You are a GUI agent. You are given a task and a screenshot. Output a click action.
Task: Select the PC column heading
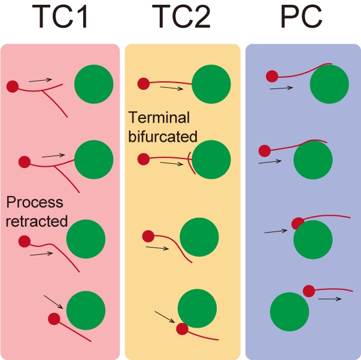pos(303,20)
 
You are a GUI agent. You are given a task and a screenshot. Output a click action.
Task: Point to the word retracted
pos(37,220)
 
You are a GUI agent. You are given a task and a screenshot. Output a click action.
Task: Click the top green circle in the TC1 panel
pos(94,83)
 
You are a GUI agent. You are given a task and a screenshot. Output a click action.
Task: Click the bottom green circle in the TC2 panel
pos(198,309)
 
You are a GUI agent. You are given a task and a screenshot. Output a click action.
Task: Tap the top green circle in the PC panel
pos(329,84)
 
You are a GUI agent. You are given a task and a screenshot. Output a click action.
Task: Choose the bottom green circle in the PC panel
pos(290,312)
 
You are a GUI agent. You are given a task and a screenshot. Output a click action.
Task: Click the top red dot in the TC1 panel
pos(12,87)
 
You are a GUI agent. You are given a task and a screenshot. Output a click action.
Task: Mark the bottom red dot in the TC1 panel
pos(54,319)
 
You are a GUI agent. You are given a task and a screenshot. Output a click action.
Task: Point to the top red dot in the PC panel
pos(272,76)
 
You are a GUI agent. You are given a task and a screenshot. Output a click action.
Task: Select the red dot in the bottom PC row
pos(309,291)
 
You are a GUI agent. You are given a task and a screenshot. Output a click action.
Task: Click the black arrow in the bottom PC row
pos(330,298)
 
